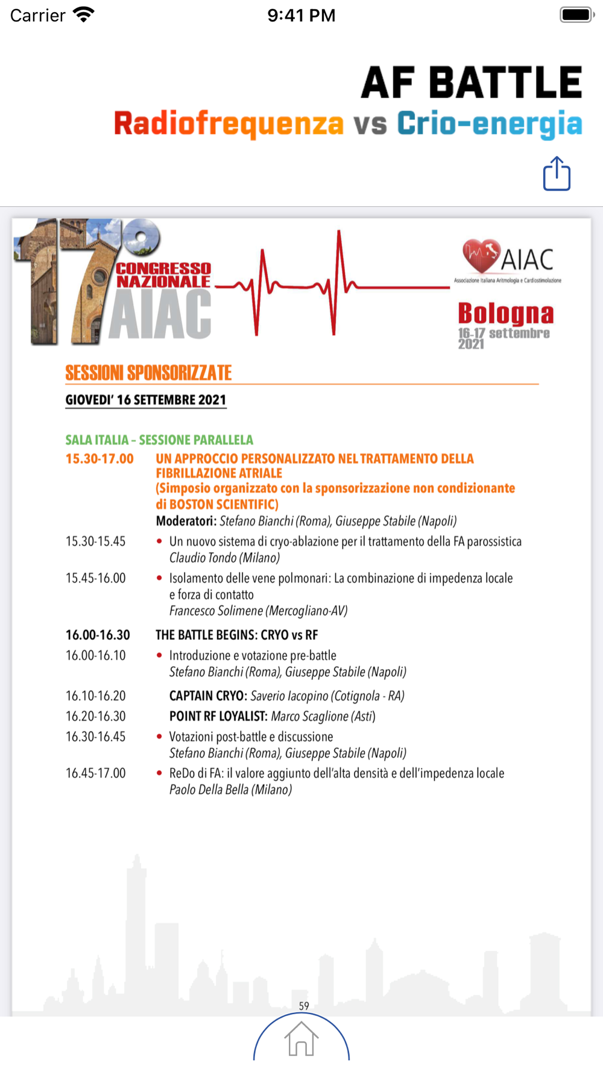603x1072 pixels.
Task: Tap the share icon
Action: click(557, 174)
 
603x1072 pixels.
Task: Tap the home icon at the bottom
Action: click(301, 1039)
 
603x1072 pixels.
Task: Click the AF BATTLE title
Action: click(472, 83)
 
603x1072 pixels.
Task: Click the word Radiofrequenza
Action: click(229, 124)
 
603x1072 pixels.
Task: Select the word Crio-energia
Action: click(489, 124)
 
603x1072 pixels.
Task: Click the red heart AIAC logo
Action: click(481, 256)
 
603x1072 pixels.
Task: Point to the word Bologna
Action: click(505, 314)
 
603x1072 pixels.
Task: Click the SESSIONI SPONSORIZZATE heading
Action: click(148, 373)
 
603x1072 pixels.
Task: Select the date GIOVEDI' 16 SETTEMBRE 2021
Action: click(146, 400)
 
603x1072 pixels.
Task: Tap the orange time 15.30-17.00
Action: click(99, 459)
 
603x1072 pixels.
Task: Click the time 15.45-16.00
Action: click(96, 578)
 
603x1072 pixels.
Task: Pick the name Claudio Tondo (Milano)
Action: click(224, 558)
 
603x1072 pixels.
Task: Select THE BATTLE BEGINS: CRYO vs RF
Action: click(236, 635)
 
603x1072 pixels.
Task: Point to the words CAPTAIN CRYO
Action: click(207, 696)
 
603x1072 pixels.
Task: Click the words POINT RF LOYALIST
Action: click(218, 716)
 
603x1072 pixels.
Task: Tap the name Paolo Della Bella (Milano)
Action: click(230, 790)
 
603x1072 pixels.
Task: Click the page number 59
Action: click(304, 1006)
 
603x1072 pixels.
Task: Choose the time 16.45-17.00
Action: click(96, 773)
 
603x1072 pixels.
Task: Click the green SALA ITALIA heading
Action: click(159, 440)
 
